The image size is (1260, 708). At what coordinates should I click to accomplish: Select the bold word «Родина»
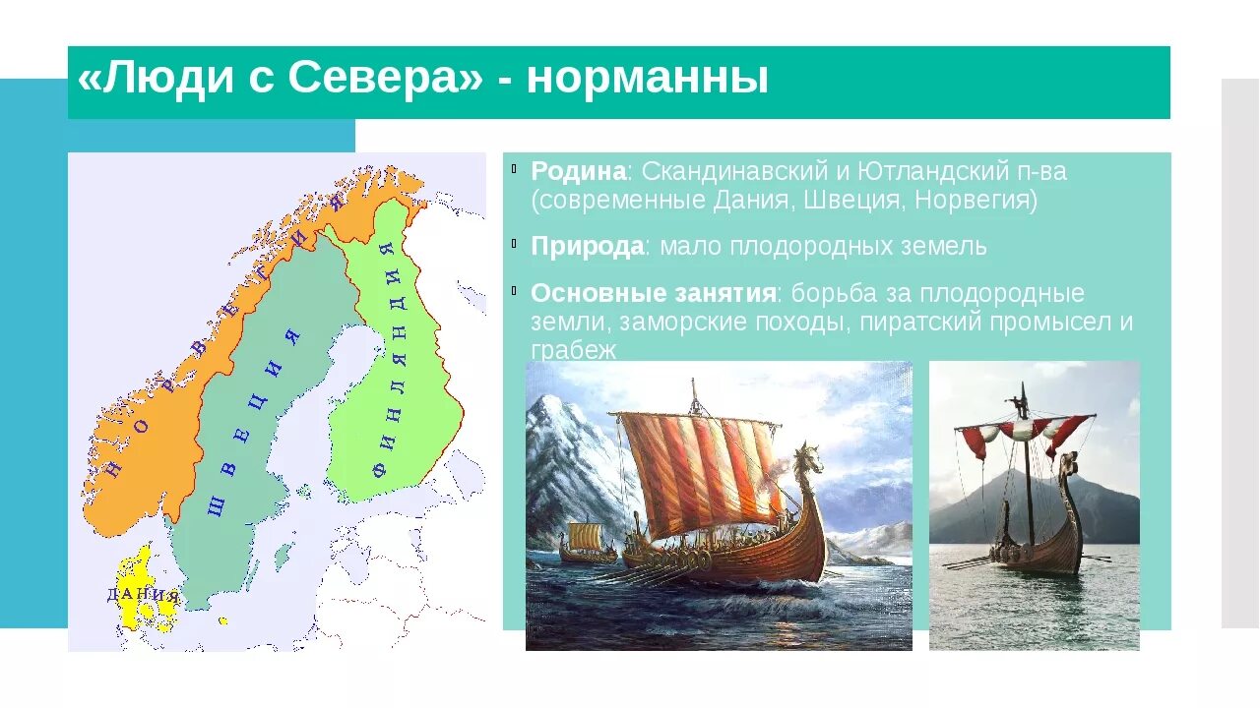(578, 171)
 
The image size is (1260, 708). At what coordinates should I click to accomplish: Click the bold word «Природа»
(588, 247)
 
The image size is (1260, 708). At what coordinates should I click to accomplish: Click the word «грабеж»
(574, 350)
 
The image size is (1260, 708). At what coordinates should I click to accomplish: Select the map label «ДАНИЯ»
(143, 595)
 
